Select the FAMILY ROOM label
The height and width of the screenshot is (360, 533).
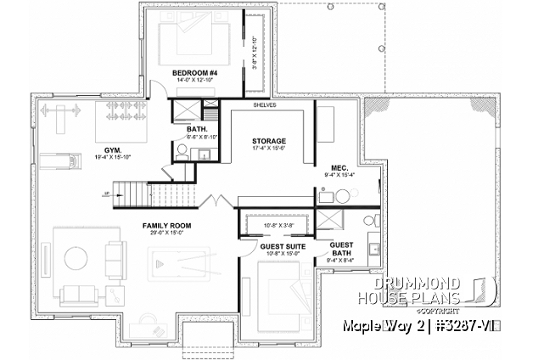[x=166, y=226]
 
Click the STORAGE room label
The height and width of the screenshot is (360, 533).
[x=268, y=141]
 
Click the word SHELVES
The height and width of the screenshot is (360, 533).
[x=267, y=106]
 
